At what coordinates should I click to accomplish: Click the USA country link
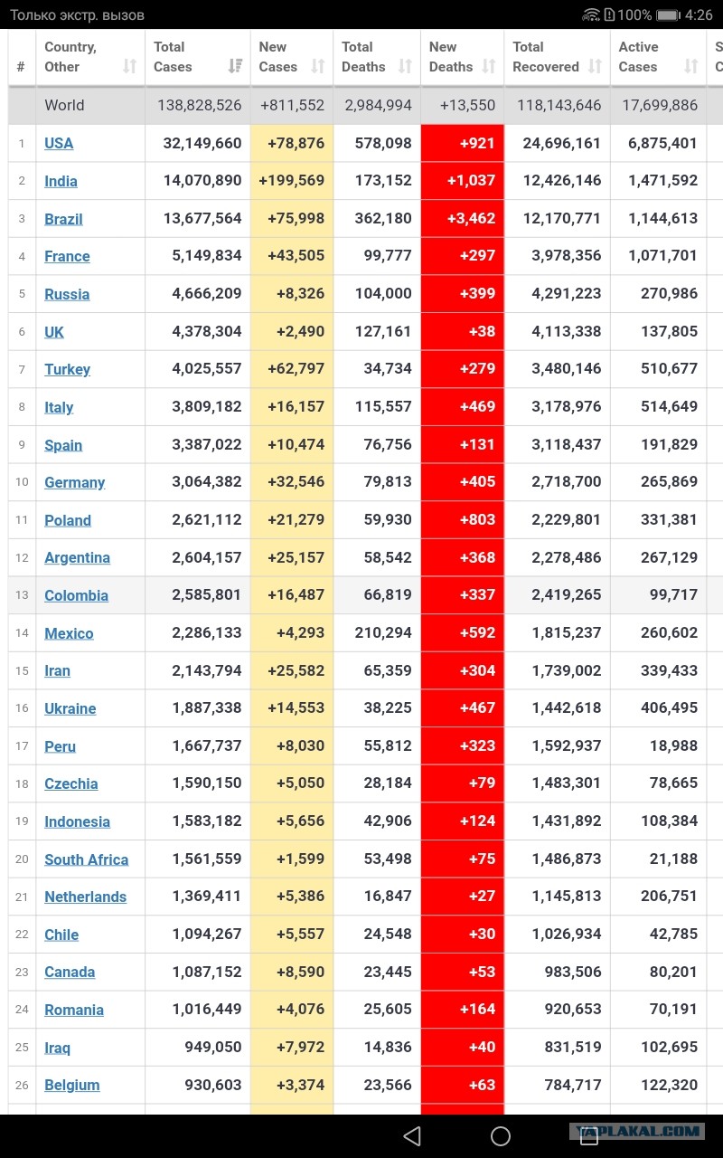click(59, 143)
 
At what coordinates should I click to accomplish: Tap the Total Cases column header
click(173, 57)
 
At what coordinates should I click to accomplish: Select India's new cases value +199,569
click(292, 180)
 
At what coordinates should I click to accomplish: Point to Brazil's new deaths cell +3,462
click(471, 218)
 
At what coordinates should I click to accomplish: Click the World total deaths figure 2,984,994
click(378, 106)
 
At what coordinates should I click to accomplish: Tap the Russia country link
click(67, 294)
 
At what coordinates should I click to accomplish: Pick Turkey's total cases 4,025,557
click(207, 368)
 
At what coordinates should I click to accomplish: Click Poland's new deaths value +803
click(478, 519)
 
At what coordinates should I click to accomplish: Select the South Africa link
click(86, 859)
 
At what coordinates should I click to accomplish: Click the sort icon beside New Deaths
click(489, 66)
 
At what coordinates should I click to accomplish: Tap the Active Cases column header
click(638, 57)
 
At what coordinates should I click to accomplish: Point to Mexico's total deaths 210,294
click(383, 632)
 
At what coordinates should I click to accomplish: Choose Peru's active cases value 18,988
click(673, 745)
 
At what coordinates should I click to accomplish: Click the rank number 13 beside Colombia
click(22, 595)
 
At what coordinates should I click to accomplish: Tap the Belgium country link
click(71, 1085)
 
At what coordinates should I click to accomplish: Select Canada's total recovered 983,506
click(573, 972)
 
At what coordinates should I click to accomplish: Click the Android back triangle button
click(412, 1136)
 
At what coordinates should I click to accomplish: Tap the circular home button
click(501, 1136)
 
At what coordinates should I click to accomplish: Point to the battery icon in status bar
click(668, 15)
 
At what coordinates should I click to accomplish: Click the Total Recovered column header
click(545, 57)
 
